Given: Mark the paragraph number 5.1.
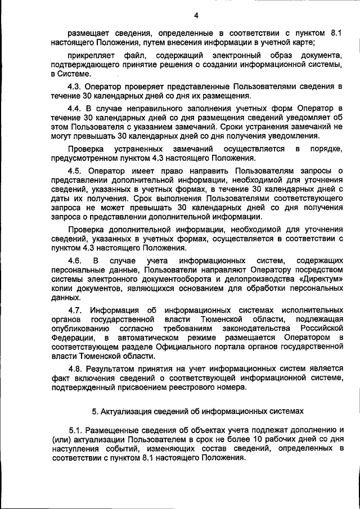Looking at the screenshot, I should point(76,430).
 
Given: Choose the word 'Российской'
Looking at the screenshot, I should point(320,328).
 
